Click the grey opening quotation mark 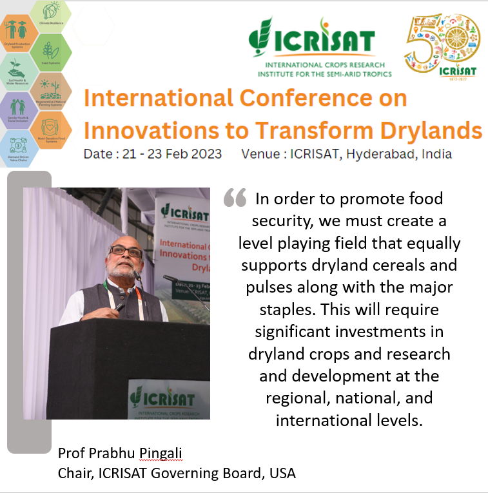pyautogui.click(x=235, y=198)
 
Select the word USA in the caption pyautogui.click(x=282, y=473)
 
